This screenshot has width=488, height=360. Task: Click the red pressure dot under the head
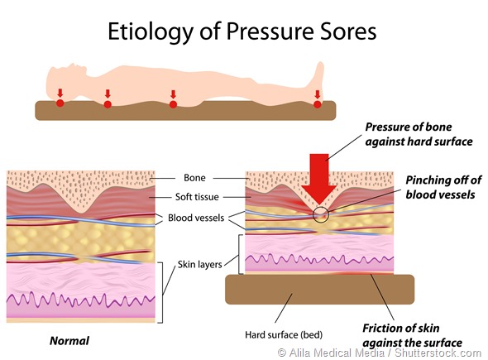click(x=60, y=103)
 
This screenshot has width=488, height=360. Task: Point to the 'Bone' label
click(x=196, y=177)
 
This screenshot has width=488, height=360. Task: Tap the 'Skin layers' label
click(x=200, y=263)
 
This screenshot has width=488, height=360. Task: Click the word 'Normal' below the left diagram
click(x=69, y=339)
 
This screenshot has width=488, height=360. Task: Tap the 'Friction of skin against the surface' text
click(x=410, y=336)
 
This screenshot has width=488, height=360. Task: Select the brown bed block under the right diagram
click(x=319, y=290)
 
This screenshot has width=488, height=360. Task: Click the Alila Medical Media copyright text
click(x=380, y=352)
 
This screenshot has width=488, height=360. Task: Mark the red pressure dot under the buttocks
click(x=173, y=104)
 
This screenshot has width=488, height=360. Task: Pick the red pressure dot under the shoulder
click(x=107, y=104)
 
